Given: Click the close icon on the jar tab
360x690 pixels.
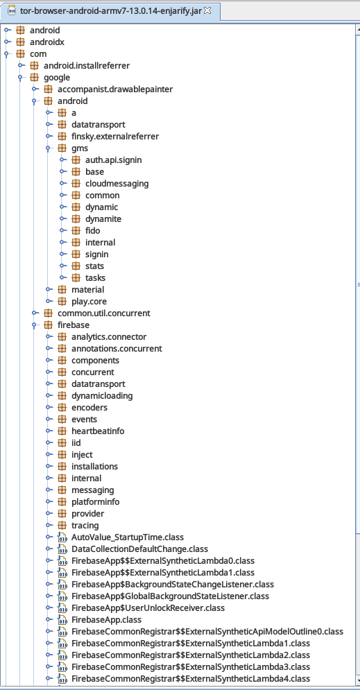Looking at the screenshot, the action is click(207, 10).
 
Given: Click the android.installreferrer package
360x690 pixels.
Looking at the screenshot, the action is click(87, 66).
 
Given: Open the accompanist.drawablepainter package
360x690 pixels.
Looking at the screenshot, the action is click(115, 89).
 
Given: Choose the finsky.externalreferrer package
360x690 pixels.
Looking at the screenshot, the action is click(115, 137).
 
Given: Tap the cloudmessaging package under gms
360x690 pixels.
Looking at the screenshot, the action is click(117, 184).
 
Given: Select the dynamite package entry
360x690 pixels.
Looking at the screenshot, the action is click(103, 218).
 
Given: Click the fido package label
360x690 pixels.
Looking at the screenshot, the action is click(92, 231).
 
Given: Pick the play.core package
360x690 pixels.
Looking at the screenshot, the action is click(89, 302).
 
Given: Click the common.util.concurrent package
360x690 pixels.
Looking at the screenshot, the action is click(104, 313).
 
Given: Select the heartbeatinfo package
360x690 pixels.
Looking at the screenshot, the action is click(98, 431).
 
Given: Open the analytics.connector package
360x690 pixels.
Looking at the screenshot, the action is click(109, 336).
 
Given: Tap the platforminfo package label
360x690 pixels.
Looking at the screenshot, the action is click(96, 501).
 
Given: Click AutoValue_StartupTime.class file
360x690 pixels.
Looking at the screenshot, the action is click(128, 537).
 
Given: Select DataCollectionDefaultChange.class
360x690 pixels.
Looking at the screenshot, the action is click(139, 549).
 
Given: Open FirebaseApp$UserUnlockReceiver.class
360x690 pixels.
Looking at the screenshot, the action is click(148, 608).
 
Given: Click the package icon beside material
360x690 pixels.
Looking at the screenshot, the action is click(62, 290).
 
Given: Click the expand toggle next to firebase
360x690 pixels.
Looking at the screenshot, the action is click(34, 325).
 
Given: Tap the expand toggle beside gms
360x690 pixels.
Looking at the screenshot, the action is click(49, 148).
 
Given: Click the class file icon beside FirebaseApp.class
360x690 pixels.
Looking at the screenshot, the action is click(62, 619).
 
